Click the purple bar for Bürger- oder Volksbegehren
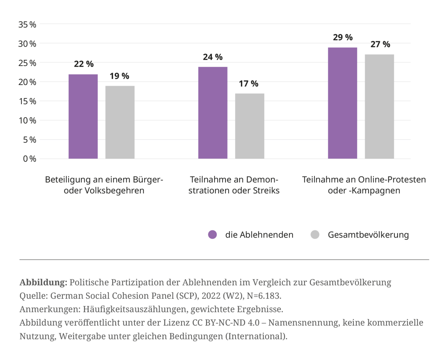(x=83, y=116)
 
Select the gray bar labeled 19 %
(x=120, y=122)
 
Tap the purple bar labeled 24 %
(x=213, y=113)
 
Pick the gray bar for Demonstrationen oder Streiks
(x=250, y=126)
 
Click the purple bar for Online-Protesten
(x=342, y=103)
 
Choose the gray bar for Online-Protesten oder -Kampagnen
(x=379, y=106)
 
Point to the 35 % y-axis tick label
(x=28, y=24)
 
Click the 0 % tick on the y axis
(x=29, y=159)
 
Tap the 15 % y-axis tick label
(x=28, y=101)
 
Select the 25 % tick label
(x=28, y=63)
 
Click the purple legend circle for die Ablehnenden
(x=212, y=235)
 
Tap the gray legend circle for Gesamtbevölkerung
(x=315, y=235)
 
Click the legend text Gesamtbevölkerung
(x=368, y=235)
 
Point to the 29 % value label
(x=342, y=37)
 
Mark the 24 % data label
(x=213, y=57)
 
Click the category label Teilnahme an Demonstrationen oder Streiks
(x=234, y=185)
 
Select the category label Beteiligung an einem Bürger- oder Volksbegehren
(x=104, y=185)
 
